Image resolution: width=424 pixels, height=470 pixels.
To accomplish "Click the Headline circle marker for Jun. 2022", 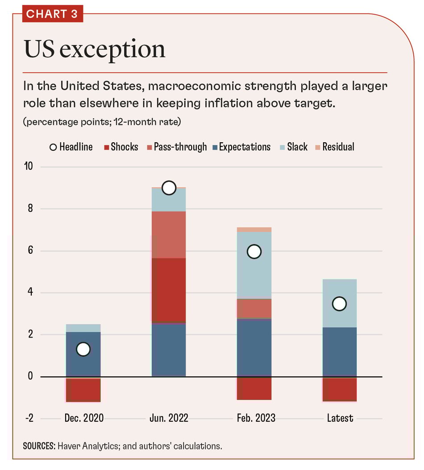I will (169, 188).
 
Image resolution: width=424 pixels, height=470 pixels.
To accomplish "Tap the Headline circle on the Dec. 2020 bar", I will (83, 349).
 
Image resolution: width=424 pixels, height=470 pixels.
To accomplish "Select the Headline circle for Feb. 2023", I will (254, 251).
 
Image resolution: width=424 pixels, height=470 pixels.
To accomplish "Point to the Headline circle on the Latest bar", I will (339, 304).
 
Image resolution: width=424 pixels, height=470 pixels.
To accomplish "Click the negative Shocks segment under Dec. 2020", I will (83, 389).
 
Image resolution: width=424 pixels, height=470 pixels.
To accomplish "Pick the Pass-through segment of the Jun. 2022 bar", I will (169, 235).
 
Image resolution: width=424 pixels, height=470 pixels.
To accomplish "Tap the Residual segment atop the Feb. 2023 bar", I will (254, 230).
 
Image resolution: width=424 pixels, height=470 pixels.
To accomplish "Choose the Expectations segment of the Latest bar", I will (339, 352).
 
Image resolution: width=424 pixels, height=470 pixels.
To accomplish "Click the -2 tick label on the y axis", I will (29, 418).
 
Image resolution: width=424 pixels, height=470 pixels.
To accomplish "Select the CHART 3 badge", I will (52, 14).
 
